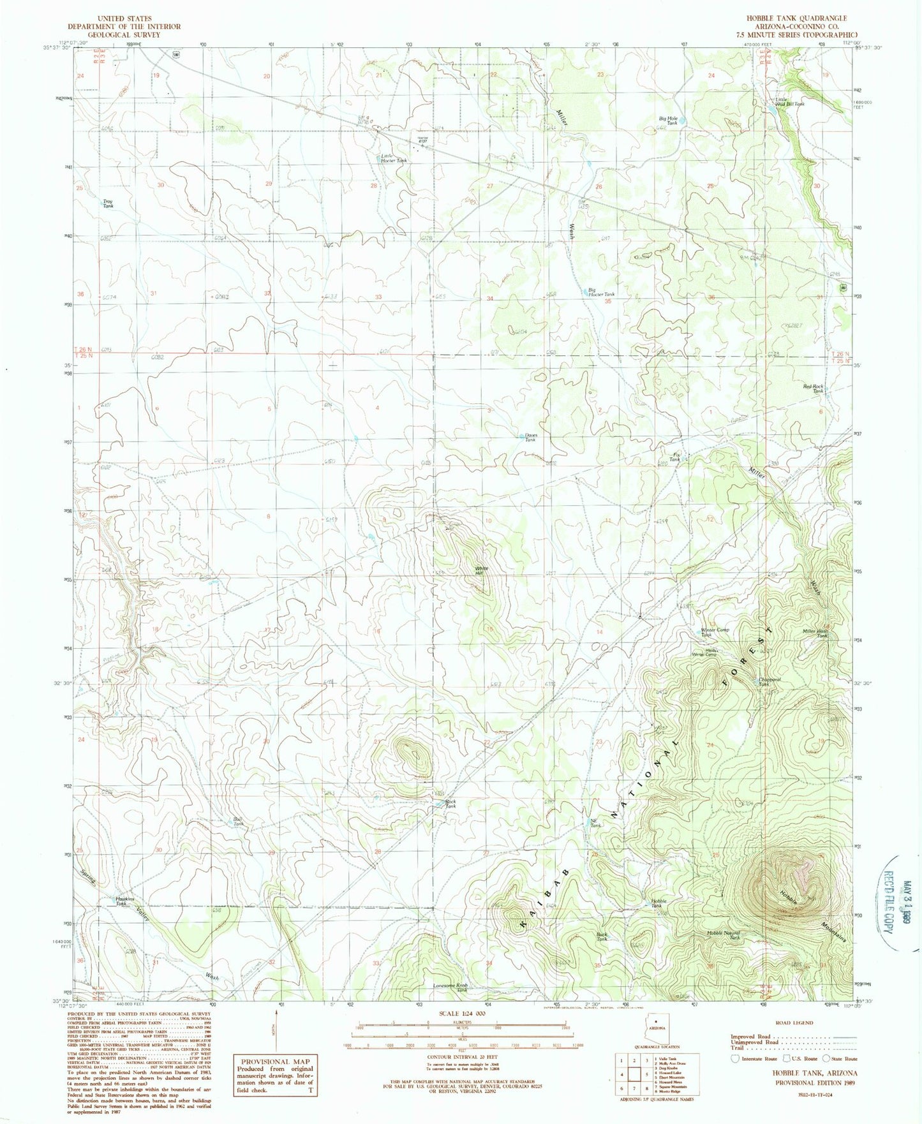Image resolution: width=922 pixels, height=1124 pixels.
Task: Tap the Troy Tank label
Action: (x=108, y=204)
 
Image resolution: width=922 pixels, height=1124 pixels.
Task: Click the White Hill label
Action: (x=482, y=569)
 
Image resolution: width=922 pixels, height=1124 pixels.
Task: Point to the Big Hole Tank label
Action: (x=667, y=121)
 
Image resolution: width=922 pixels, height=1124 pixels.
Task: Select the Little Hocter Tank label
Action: (x=393, y=158)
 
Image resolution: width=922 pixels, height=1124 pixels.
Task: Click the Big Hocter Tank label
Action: (x=601, y=294)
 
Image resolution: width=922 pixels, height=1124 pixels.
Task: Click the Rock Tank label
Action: (x=450, y=804)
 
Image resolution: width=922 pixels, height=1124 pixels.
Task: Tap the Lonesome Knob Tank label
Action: (x=450, y=987)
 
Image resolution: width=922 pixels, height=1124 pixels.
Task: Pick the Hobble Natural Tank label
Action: (x=724, y=935)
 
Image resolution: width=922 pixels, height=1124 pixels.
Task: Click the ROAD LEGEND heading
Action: (x=795, y=1023)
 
